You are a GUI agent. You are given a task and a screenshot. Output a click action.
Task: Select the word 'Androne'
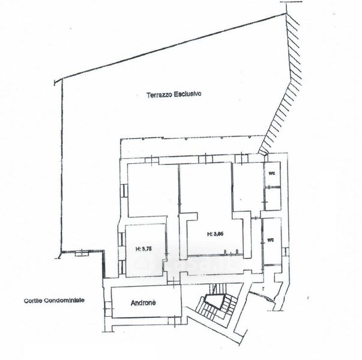pos(143,303)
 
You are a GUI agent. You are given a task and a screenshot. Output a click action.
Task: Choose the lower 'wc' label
pos(271,239)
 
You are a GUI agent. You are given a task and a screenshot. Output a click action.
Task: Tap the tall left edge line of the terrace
pos(60,168)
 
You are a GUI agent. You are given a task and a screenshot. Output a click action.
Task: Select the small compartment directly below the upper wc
pos(273,198)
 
